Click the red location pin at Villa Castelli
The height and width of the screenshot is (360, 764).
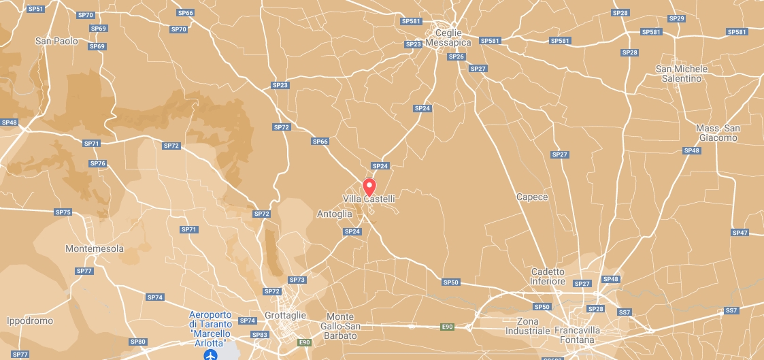click(369, 186)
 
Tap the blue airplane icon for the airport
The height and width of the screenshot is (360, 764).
click(211, 355)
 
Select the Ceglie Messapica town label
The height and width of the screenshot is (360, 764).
click(448, 38)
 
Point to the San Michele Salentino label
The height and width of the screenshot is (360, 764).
click(682, 73)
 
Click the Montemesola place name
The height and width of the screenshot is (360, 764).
click(95, 249)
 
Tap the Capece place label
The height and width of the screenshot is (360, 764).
click(532, 197)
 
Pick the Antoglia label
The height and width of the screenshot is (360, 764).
click(335, 214)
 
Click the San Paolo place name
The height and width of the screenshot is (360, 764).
click(56, 42)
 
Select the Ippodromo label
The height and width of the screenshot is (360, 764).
click(30, 321)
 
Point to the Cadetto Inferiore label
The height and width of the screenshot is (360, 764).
click(548, 276)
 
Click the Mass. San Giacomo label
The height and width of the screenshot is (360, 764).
click(718, 133)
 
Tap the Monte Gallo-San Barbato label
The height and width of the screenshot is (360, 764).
click(340, 326)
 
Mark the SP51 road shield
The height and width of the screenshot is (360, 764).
click(36, 9)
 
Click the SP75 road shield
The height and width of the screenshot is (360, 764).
click(63, 212)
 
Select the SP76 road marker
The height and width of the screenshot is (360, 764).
click(98, 163)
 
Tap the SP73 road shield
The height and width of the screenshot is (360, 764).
click(297, 280)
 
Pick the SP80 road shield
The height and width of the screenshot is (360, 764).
click(137, 342)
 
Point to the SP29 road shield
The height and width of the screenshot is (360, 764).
click(676, 18)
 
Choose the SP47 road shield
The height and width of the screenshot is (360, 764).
click(740, 233)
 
